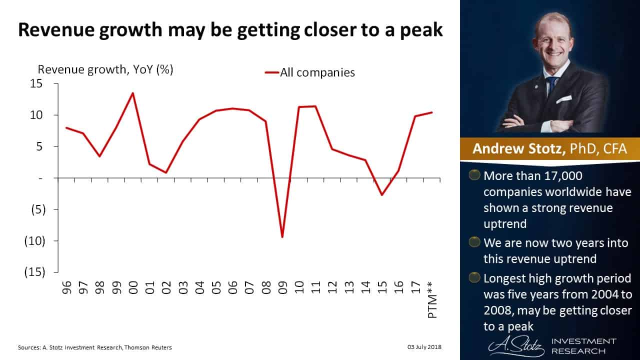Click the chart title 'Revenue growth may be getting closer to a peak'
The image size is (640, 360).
click(x=230, y=30)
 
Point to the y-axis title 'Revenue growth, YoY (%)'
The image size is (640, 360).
click(x=105, y=69)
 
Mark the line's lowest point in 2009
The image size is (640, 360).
click(x=282, y=237)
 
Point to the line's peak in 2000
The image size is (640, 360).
click(x=133, y=93)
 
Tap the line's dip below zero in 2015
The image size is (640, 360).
click(x=382, y=194)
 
